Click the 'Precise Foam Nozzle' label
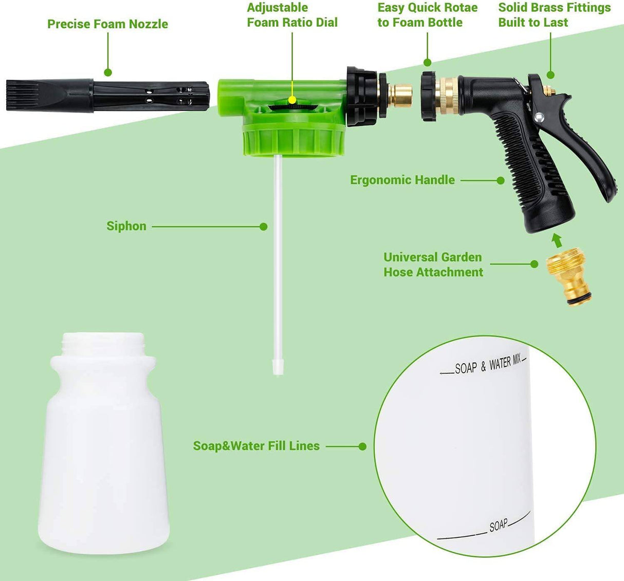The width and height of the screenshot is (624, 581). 107,24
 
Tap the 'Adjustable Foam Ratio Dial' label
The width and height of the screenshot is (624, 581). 292,15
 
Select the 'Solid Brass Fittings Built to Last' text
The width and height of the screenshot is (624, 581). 554,15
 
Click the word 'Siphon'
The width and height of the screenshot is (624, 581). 126,226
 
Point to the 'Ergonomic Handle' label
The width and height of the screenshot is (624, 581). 402,180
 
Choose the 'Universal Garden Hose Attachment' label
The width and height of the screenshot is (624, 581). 433,265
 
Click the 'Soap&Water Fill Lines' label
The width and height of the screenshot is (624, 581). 256,446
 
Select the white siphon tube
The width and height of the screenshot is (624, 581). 278,257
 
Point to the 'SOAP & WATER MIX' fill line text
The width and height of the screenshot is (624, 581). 487,365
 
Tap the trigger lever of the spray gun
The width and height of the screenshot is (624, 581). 591,149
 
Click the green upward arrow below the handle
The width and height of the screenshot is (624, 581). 555,240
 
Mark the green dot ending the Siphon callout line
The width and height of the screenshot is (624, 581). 264,227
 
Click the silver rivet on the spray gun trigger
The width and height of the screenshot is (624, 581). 539,118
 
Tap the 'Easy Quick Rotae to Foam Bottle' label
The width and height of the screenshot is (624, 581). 427,15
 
